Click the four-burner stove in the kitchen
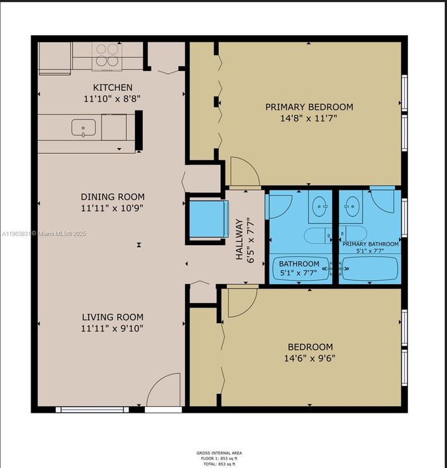(x=107, y=56)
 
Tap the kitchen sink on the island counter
(x=83, y=127)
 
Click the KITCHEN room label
(x=113, y=88)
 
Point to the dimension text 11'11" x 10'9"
(x=112, y=209)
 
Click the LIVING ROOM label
(x=112, y=317)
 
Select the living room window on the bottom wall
(x=92, y=409)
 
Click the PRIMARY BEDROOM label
(x=309, y=107)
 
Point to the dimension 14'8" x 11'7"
(x=309, y=118)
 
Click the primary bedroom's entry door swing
(x=244, y=172)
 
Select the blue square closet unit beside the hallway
(x=208, y=219)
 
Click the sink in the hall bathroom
(x=319, y=207)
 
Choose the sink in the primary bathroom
(x=353, y=207)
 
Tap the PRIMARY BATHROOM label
(x=368, y=244)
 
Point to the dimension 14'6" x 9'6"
(x=308, y=358)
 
